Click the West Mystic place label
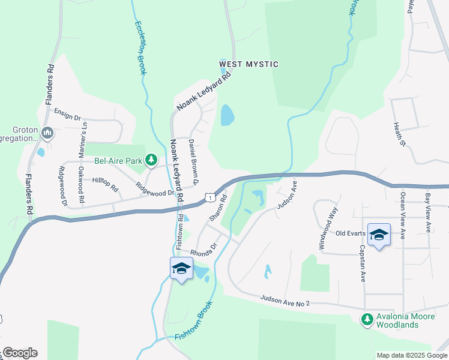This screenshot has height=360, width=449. point(249,64)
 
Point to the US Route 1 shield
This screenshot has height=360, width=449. point(208,197)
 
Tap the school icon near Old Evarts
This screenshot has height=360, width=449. point(379,234)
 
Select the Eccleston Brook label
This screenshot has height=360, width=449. point(140,48)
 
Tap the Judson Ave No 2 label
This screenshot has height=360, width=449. point(285,301)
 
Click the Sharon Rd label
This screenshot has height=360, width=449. point(218,207)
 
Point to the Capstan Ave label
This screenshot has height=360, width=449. point(363,263)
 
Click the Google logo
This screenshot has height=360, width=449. point(20,353)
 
